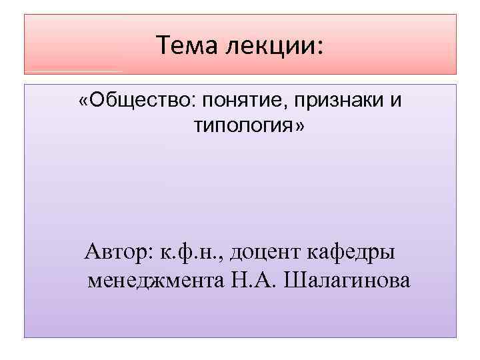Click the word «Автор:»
pyautogui.click(x=119, y=253)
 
